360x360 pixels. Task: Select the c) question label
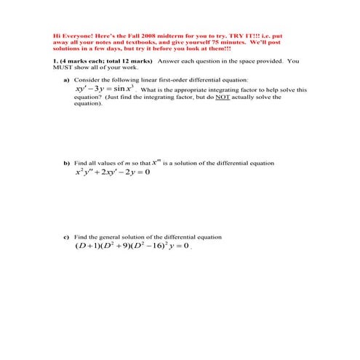click(68, 237)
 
